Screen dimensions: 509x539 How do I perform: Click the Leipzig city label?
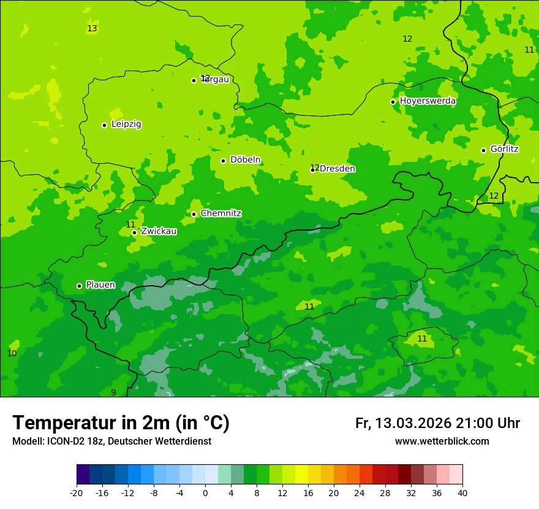(126, 124)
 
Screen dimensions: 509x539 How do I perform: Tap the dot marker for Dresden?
(312, 170)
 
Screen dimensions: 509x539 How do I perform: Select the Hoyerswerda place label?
(428, 101)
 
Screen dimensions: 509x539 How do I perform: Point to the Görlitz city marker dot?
(483, 150)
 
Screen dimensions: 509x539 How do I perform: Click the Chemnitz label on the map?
(221, 213)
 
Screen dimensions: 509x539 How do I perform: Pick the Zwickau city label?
(159, 231)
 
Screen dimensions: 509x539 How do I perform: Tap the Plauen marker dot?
(79, 286)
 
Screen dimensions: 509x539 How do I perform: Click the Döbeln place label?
(245, 159)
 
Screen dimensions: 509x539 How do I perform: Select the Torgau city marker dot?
(194, 80)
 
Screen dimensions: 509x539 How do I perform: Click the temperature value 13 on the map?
(92, 29)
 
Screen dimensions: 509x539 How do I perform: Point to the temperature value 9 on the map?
(113, 392)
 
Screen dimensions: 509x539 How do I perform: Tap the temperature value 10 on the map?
(12, 353)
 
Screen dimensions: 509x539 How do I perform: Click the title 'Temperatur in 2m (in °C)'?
(121, 423)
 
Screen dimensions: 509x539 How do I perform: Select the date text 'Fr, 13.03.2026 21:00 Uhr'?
(437, 423)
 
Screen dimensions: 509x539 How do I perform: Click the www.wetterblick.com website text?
(442, 441)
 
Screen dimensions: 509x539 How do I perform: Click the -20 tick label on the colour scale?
(77, 492)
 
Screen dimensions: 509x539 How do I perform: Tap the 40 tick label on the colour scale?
(462, 492)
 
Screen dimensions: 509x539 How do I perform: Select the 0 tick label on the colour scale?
(205, 492)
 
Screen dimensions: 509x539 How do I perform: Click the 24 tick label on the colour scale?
(360, 492)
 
